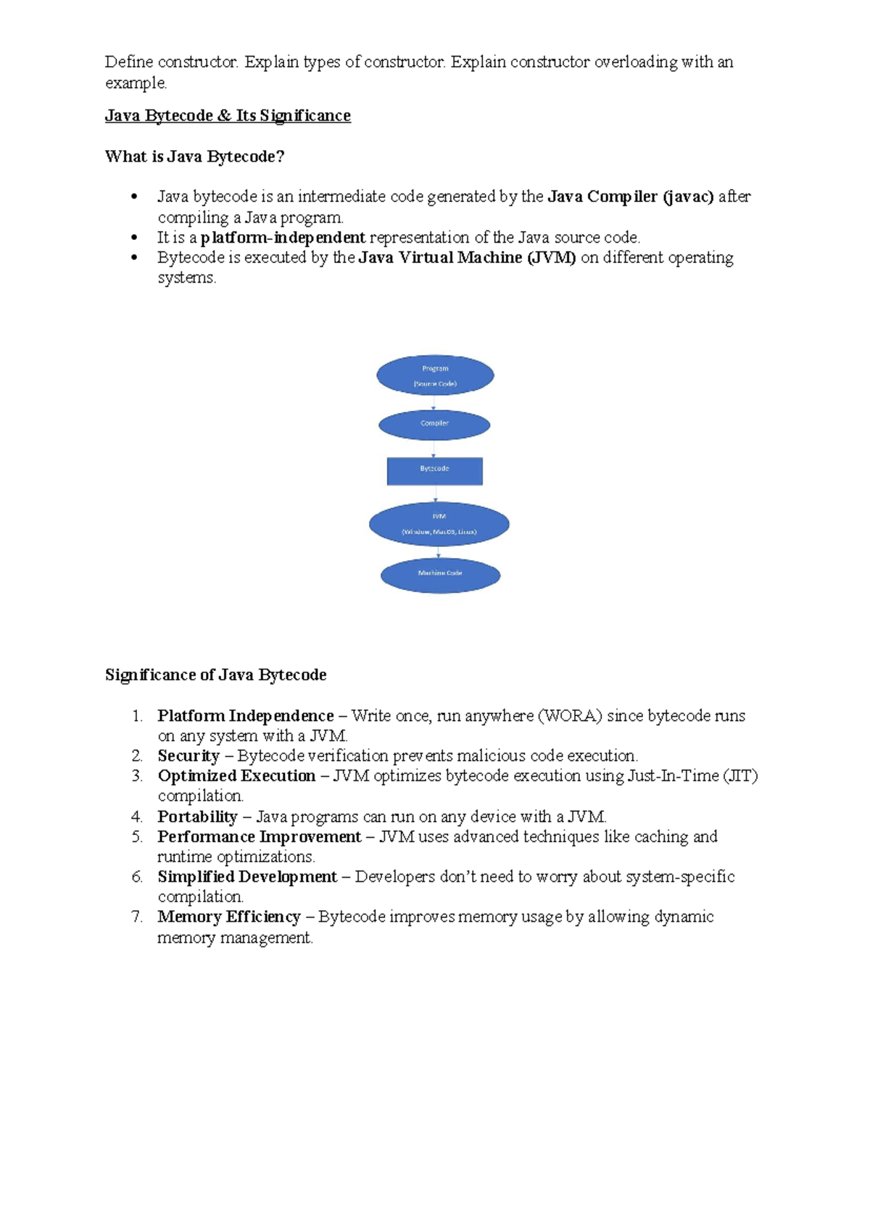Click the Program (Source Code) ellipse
coord(435,375)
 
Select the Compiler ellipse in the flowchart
coord(434,425)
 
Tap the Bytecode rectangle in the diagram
coord(434,471)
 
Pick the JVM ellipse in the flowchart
coord(439,524)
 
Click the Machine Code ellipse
coord(440,575)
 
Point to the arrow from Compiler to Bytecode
coord(434,449)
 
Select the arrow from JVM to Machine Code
coord(439,552)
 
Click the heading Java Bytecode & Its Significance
coord(228,116)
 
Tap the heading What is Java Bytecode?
coord(194,157)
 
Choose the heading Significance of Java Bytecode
coord(215,675)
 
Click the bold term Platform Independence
coord(246,716)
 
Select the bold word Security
coord(188,756)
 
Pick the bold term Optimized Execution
coord(236,776)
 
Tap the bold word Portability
coord(197,817)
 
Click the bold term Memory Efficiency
coord(229,917)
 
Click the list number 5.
coord(137,837)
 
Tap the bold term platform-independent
coord(283,238)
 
